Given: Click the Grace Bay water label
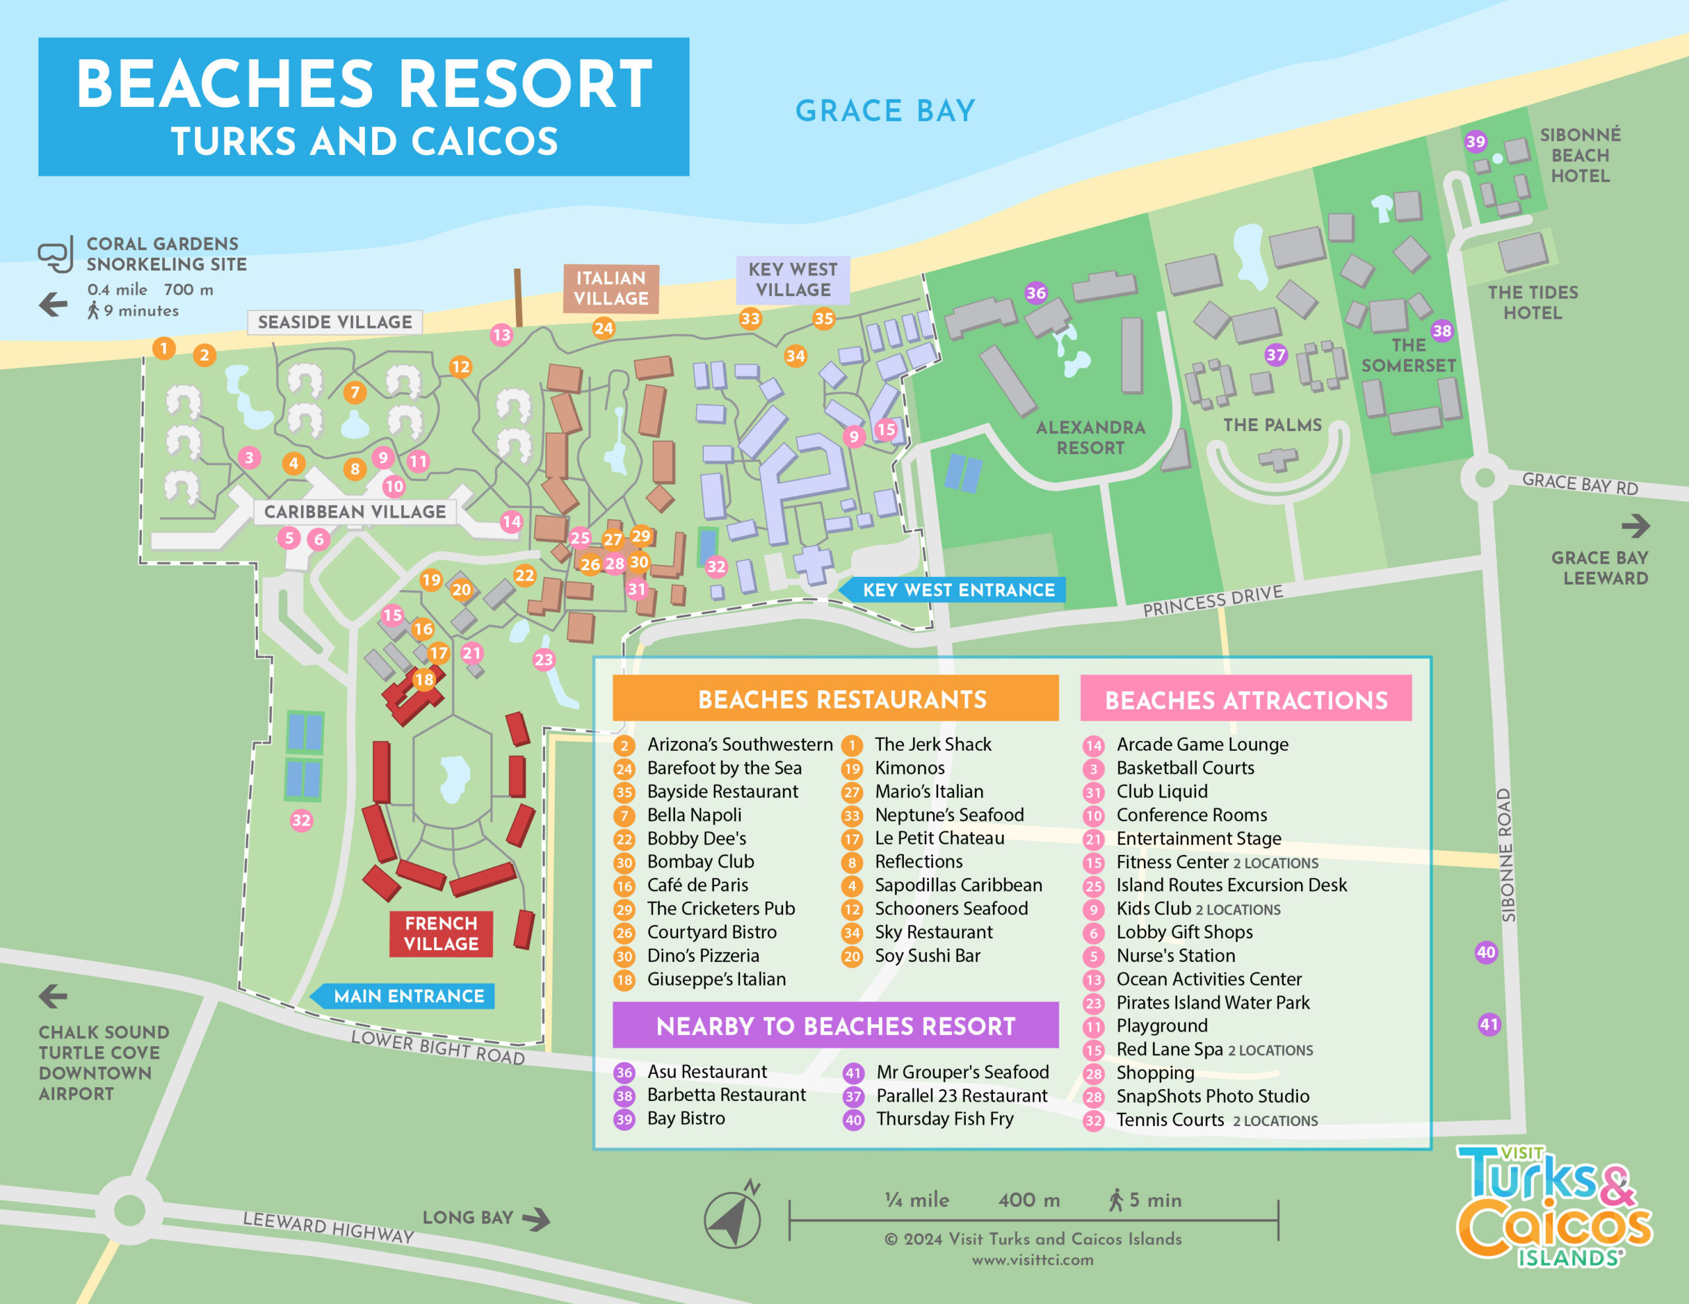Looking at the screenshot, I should [x=885, y=111].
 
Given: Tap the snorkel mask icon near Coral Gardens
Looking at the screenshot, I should [x=55, y=254].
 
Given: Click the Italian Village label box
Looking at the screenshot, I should [x=610, y=288].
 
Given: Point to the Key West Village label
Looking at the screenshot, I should [x=792, y=280].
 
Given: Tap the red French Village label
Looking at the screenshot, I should [x=441, y=933].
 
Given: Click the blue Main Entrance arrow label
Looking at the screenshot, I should [x=408, y=995].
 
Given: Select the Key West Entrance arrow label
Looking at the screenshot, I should [x=957, y=590].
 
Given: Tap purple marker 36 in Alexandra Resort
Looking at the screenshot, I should [x=1036, y=292].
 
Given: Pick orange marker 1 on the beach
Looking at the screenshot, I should [x=163, y=348].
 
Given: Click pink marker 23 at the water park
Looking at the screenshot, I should [x=544, y=659].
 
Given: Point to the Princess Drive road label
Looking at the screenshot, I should [x=1213, y=601].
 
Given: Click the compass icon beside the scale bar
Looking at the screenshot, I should [x=732, y=1219].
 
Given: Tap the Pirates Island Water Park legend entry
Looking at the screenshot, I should [x=1212, y=1003].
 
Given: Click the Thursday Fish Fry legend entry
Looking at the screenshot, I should [x=943, y=1119].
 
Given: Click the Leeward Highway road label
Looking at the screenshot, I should [x=328, y=1227].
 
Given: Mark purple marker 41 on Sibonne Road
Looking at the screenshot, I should [x=1488, y=1024].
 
